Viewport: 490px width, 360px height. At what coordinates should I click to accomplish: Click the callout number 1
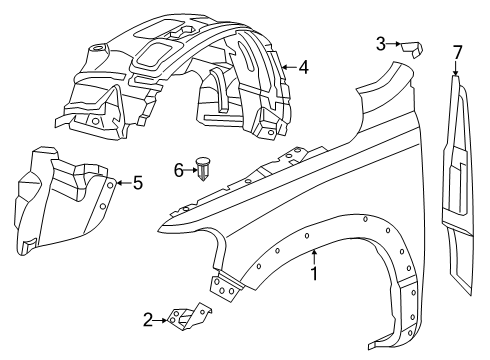click(x=315, y=272)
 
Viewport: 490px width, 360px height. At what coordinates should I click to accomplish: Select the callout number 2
click(x=148, y=320)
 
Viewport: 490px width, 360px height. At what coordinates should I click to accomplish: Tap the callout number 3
click(x=381, y=43)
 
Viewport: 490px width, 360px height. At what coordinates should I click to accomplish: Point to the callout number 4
click(x=303, y=68)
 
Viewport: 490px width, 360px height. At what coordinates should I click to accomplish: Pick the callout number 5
click(x=138, y=182)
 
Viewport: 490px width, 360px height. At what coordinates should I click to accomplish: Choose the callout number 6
click(x=180, y=170)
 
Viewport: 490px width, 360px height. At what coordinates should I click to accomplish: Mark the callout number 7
click(x=457, y=51)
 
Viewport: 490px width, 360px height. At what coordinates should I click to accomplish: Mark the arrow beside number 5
click(x=122, y=182)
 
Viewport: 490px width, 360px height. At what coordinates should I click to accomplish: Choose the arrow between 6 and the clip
click(x=192, y=170)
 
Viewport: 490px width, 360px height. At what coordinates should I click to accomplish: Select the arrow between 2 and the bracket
click(x=162, y=320)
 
